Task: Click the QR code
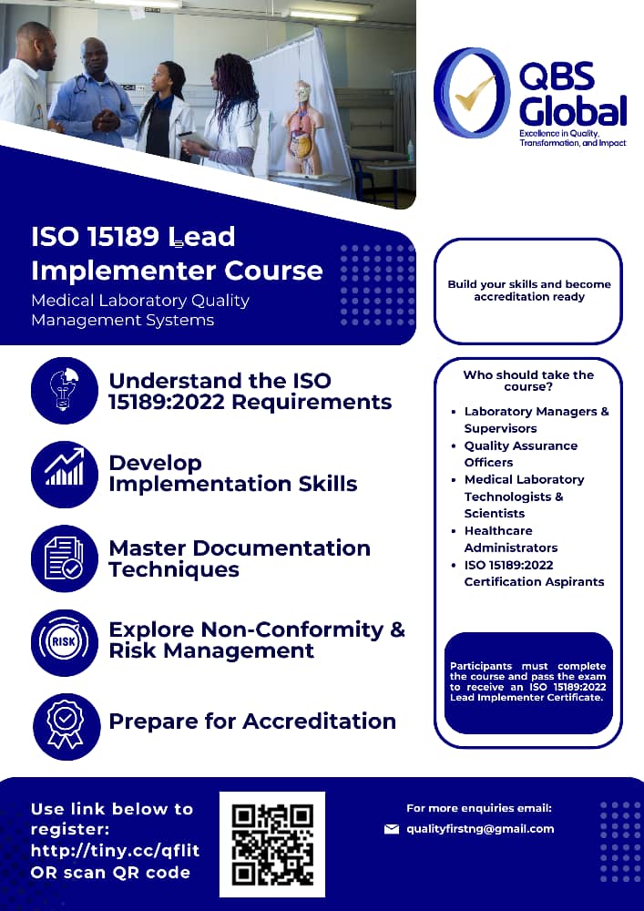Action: (x=272, y=844)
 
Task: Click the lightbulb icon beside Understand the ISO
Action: (x=65, y=391)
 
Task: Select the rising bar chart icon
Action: (x=65, y=473)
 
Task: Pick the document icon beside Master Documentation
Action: (x=65, y=558)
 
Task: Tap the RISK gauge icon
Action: (x=65, y=641)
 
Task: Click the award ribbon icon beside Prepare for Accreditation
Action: (x=65, y=723)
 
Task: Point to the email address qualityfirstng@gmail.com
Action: (x=480, y=828)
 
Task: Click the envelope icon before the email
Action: (x=392, y=829)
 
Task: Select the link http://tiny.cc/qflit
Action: (x=115, y=851)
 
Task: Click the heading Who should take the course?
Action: (x=528, y=381)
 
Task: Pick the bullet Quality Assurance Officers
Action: (x=520, y=454)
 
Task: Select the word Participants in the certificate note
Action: (x=482, y=666)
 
